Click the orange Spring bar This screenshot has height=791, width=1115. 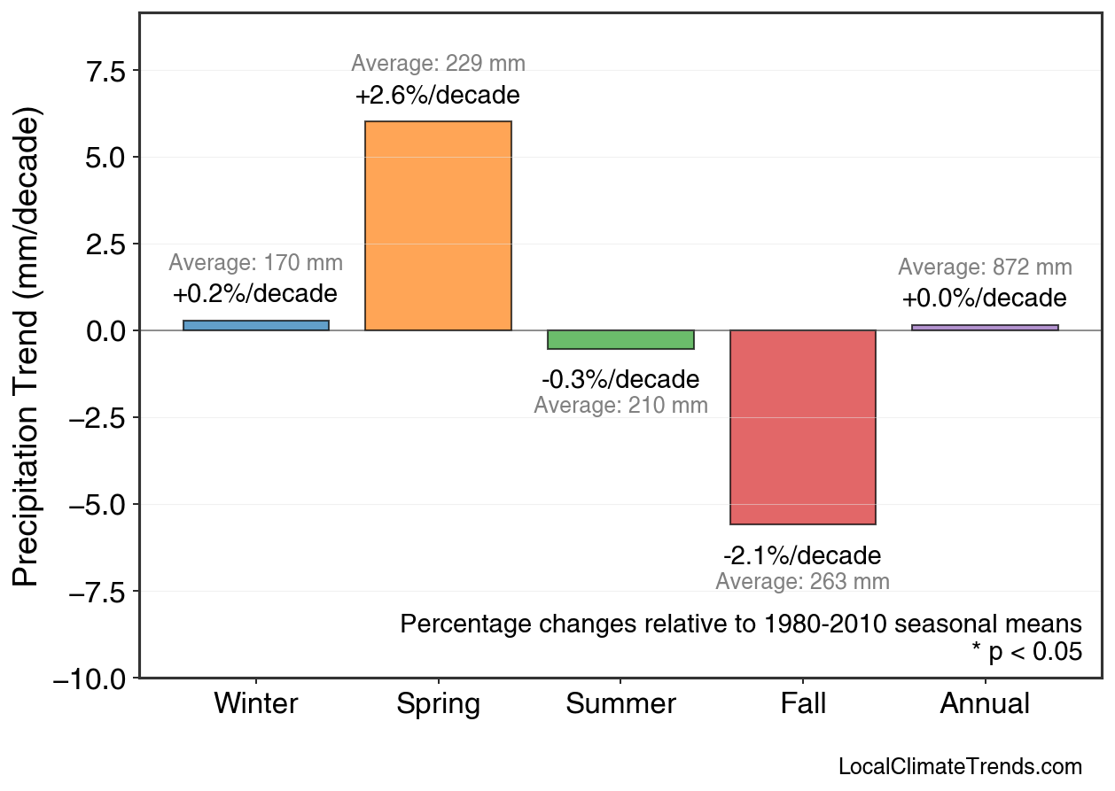point(438,226)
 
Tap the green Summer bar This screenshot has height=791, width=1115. point(620,340)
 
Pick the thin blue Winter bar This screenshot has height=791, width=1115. point(256,325)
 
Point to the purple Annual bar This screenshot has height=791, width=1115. point(985,327)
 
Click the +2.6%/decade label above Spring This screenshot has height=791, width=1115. point(438,96)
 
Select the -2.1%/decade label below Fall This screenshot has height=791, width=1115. point(802,556)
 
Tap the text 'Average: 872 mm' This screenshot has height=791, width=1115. point(985,268)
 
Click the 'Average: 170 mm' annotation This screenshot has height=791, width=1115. point(256,263)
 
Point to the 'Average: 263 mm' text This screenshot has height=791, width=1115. point(802,582)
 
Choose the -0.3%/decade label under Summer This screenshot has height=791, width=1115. point(620,380)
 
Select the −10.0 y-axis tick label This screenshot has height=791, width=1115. point(92,679)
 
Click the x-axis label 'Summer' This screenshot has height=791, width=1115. point(620,704)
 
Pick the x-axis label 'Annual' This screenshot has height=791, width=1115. point(985,704)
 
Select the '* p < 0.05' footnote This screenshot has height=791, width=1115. point(1026,652)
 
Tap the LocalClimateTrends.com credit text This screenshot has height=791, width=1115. point(960,767)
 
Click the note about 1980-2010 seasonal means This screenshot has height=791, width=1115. point(741,624)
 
